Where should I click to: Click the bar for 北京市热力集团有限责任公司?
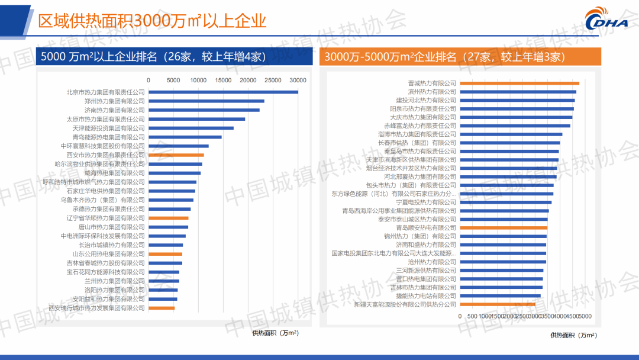223,92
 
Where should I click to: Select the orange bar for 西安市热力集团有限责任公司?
176,155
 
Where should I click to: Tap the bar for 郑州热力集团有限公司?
206,101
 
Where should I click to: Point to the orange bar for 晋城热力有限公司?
519,83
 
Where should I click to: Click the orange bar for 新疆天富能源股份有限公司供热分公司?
497,304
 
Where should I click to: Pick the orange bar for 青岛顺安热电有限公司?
504,228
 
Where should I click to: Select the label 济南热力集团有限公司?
114,110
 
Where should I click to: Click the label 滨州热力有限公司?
432,92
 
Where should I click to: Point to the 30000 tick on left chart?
298,80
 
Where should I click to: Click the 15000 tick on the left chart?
223,80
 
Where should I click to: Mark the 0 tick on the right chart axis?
460,316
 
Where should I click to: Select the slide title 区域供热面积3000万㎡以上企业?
152,21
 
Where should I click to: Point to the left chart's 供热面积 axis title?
275,333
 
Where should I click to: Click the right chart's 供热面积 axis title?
573,335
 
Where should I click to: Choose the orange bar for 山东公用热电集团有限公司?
165,254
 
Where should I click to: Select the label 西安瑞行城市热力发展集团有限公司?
96,308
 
